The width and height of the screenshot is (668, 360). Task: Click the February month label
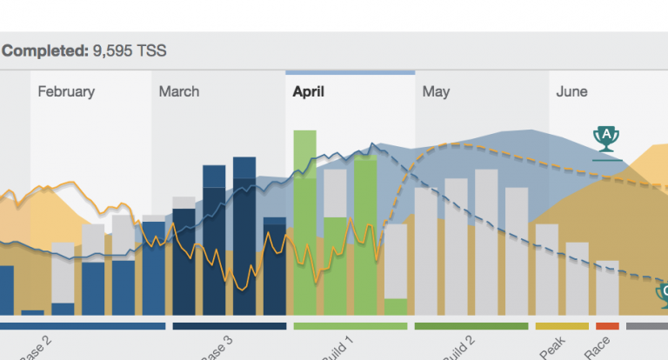click(66, 91)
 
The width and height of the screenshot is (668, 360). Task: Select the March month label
click(178, 91)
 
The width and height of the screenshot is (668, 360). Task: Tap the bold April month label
click(309, 91)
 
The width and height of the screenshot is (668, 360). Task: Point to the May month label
click(436, 91)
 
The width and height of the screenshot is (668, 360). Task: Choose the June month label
click(571, 91)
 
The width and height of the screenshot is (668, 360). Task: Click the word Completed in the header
click(43, 51)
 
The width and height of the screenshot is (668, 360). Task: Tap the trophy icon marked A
click(606, 137)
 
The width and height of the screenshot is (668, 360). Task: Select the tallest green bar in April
click(304, 222)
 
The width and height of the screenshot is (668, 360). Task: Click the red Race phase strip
click(607, 326)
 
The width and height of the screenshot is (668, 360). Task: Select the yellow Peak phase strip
click(562, 326)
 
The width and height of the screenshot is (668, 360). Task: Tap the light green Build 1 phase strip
click(350, 326)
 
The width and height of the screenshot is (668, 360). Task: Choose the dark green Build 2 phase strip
click(471, 326)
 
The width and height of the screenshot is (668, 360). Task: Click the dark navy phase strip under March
click(230, 326)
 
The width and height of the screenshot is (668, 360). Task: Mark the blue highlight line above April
click(350, 73)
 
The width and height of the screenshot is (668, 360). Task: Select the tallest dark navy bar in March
click(244, 235)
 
